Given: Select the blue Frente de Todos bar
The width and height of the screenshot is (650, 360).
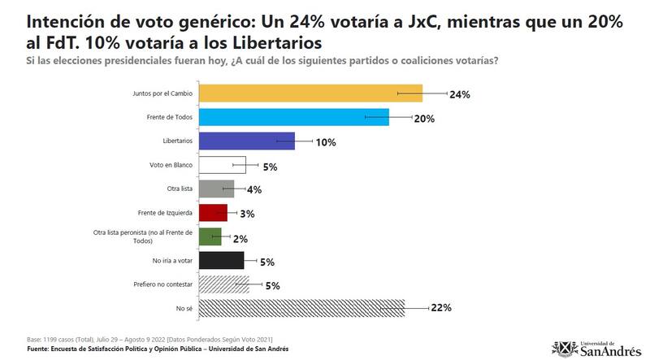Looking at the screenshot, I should [293, 118].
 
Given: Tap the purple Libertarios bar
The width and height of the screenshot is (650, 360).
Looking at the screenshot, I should [246, 141].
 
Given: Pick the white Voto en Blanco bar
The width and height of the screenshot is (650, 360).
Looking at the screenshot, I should [222, 166].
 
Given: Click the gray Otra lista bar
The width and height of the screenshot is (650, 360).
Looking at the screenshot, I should [216, 189].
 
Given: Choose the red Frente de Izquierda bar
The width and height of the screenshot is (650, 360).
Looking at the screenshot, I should [213, 213].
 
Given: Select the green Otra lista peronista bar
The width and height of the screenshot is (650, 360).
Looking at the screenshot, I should [210, 236].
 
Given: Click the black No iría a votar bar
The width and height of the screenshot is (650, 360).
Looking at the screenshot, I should [221, 261].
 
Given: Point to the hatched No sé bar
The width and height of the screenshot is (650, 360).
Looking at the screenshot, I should [313, 308].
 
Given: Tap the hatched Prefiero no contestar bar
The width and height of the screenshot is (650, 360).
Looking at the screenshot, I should [223, 284].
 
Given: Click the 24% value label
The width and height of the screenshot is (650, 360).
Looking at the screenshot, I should [461, 94].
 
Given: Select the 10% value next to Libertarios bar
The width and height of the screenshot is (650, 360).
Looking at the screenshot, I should [327, 142].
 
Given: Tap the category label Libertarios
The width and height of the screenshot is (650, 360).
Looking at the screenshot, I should [178, 141].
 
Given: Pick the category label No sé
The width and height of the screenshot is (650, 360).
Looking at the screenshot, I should [185, 308].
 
